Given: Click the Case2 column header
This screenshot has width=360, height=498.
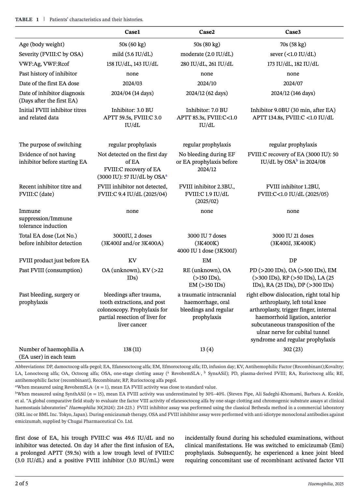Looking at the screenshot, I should pos(207,32).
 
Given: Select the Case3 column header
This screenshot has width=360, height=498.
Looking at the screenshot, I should pos(293,32).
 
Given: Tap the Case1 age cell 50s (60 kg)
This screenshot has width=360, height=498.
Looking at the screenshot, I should pos(132,44).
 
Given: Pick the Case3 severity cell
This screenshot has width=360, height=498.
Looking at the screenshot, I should pos(293,54).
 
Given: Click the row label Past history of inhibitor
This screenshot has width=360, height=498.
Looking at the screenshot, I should pos(48,74).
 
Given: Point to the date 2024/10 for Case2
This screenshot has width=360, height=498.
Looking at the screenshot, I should pos(207,83).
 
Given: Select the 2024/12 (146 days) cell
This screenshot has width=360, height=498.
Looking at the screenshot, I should pos(293,93).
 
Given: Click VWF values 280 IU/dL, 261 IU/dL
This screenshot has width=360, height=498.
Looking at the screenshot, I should pos(207,64).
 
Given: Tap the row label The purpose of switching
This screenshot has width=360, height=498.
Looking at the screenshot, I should pos(50,145).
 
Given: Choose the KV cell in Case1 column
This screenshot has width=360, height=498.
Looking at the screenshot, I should pos(132,260).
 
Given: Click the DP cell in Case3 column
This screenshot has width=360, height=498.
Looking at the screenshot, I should pos(293,260).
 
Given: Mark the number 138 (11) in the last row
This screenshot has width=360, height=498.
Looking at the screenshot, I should pos(132,349).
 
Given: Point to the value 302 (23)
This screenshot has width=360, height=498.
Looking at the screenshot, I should pos(293,349).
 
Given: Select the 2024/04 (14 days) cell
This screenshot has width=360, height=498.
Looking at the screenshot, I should pos(132,93).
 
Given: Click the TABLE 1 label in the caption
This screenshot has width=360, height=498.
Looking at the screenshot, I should pos(27,20).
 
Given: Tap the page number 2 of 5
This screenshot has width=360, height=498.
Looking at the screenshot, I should pos(21,483).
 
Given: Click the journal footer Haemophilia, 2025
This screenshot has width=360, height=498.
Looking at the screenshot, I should pos(325,484).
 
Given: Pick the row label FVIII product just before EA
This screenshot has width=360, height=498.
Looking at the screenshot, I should pos(54,260).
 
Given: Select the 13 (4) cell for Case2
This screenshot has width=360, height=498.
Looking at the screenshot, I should pos(207,349).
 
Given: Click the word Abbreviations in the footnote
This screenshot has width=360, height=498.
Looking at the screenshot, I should pos(28,367).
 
